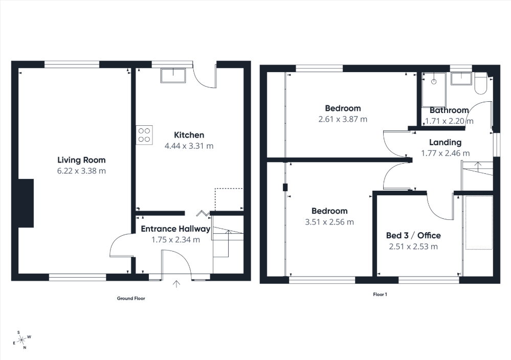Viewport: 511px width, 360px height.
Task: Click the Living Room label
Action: tap(81, 160)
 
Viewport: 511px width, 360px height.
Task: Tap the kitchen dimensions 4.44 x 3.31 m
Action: tap(189, 146)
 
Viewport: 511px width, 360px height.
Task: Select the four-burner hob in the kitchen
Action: tap(144, 134)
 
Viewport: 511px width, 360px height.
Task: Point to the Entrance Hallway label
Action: tap(175, 229)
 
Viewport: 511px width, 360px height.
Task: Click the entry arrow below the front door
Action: tap(177, 283)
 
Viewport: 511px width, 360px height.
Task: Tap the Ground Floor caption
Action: tap(131, 298)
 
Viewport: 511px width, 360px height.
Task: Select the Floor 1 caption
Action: tap(380, 295)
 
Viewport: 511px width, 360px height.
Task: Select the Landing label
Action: tap(445, 143)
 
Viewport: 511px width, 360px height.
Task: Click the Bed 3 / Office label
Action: tap(413, 236)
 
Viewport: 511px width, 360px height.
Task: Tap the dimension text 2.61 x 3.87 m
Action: tap(343, 119)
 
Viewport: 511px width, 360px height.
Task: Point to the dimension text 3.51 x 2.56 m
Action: tap(329, 222)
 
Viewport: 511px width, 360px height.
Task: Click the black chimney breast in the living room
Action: tap(26, 203)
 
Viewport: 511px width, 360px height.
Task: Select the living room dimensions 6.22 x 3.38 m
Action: tap(81, 171)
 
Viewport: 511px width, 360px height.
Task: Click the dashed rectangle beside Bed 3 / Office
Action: tap(479, 222)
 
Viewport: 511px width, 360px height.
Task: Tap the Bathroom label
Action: tap(449, 110)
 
